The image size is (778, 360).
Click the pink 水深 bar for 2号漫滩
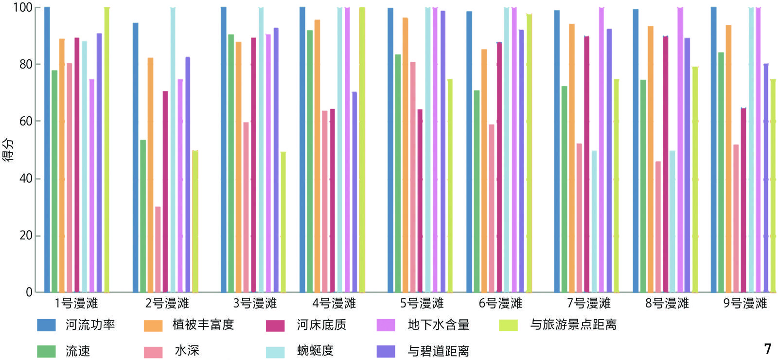click(158, 249)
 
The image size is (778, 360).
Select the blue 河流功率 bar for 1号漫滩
click(47, 150)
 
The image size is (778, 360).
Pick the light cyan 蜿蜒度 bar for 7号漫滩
click(594, 221)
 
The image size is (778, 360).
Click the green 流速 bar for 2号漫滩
click(143, 216)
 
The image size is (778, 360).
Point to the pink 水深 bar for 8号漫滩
click(658, 227)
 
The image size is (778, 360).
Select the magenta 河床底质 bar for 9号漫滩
click(743, 200)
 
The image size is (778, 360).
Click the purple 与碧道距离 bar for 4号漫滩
click(354, 192)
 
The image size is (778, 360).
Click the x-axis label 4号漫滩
click(334, 304)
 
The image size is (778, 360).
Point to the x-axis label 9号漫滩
click(745, 304)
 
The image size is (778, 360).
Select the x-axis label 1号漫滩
click(76, 304)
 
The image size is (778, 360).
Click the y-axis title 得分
click(8, 149)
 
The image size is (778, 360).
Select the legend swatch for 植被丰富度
click(153, 325)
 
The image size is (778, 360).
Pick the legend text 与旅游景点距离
click(573, 324)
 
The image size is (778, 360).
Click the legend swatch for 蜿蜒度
click(275, 351)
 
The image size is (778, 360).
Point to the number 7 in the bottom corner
click(767, 349)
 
